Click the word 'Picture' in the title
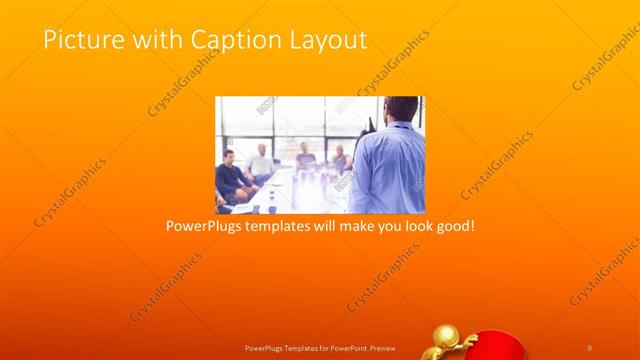(x=79, y=40)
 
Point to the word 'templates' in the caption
(x=285, y=227)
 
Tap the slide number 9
(x=590, y=347)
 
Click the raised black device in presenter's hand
(x=370, y=126)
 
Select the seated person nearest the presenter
(x=341, y=160)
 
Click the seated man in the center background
(x=305, y=157)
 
